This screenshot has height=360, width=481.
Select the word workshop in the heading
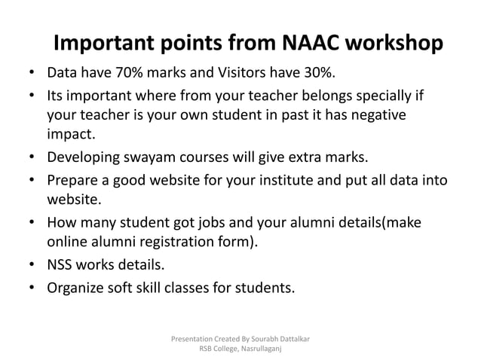(x=394, y=44)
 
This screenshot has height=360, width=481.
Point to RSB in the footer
(x=206, y=349)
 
